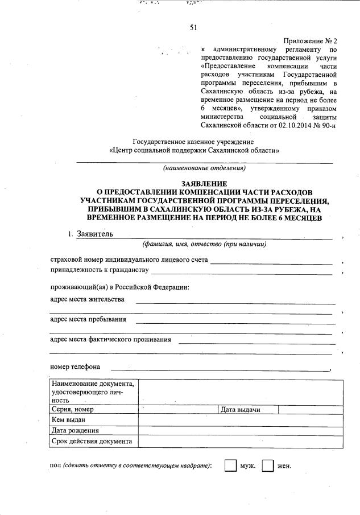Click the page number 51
[193, 27]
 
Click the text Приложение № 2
[310, 42]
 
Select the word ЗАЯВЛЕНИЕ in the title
[204, 183]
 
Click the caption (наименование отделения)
[204, 168]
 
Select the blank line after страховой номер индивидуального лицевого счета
[271, 261]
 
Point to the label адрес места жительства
[88, 299]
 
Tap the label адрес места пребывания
[88, 319]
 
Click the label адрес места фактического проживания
[110, 340]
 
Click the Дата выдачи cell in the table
[241, 409]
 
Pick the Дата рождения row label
[75, 430]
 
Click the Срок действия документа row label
[92, 441]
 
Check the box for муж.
[230, 465]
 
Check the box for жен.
[267, 465]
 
